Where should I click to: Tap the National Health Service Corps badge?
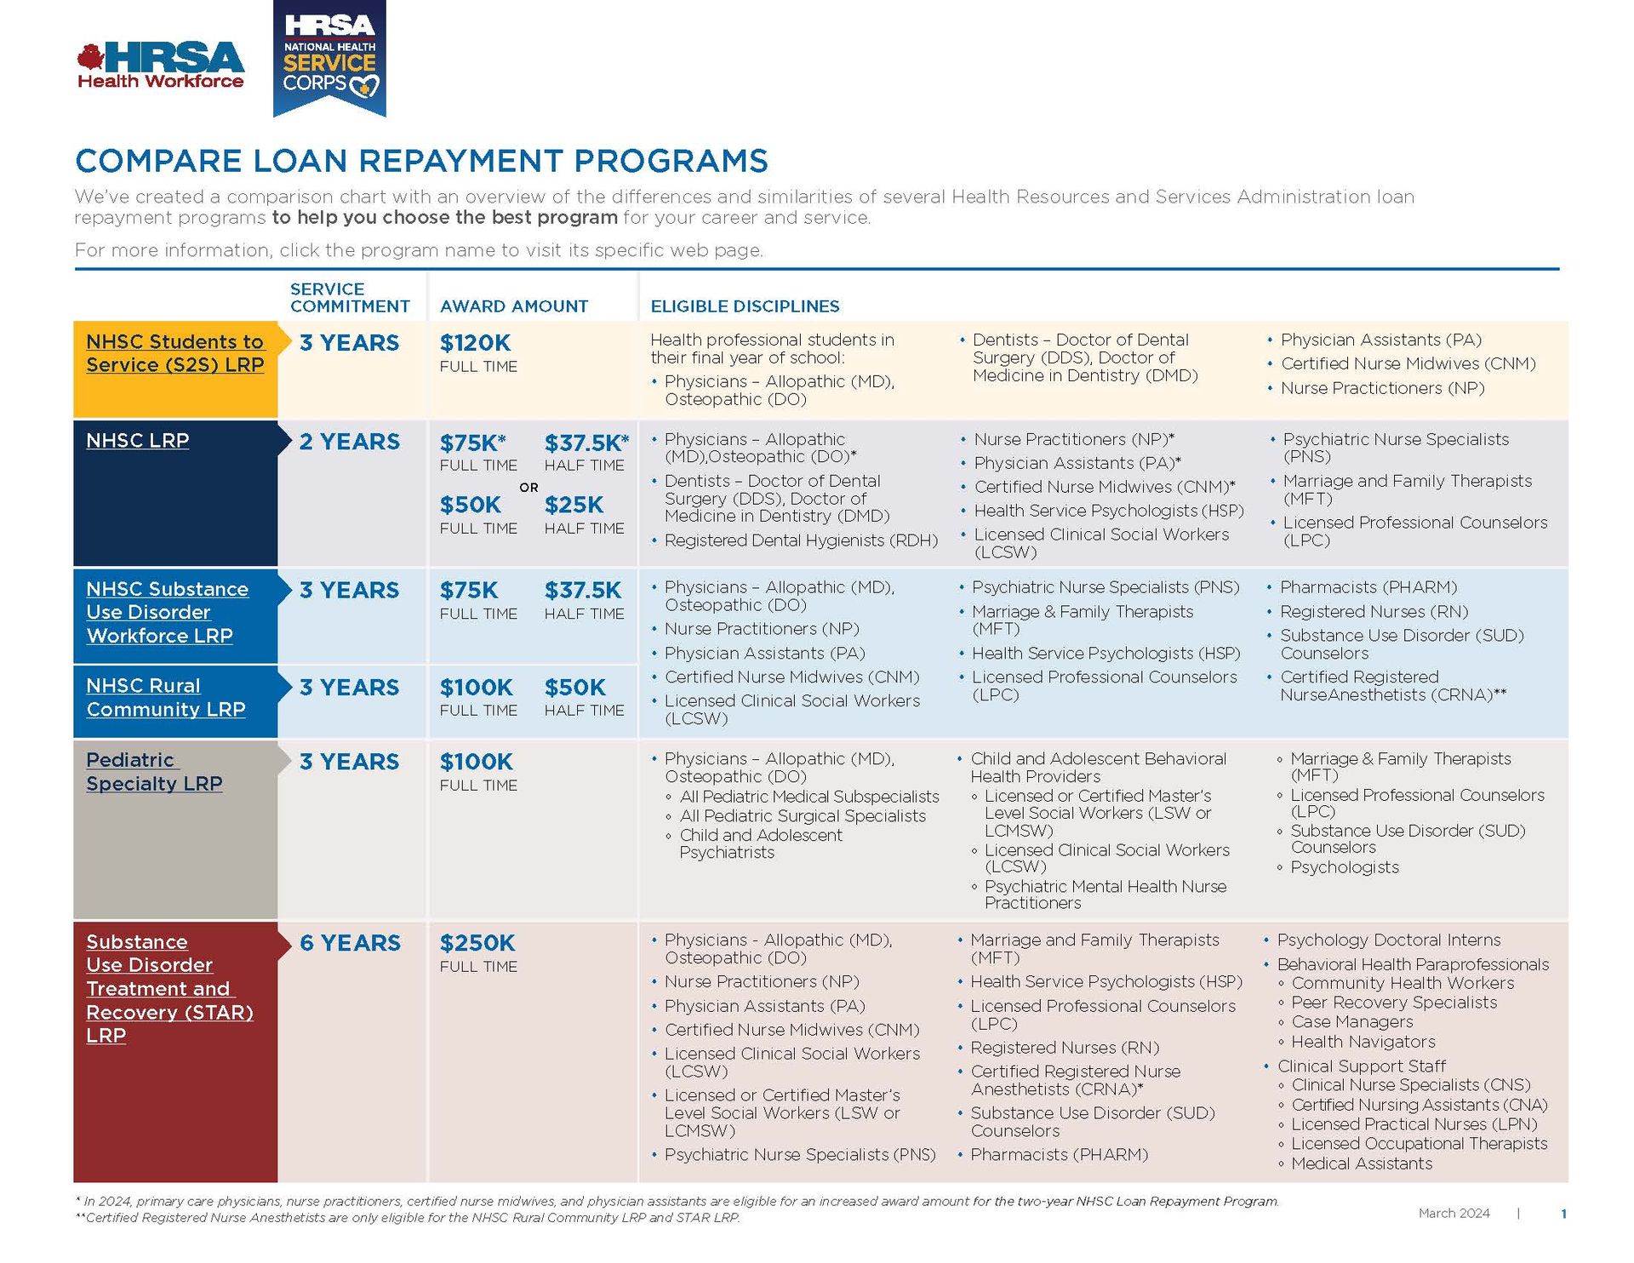pyautogui.click(x=329, y=58)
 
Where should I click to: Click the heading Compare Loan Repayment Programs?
pyautogui.click(x=421, y=161)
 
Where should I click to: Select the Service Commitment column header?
pyautogui.click(x=350, y=298)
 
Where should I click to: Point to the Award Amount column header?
pyautogui.click(x=513, y=306)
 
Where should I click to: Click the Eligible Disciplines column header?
pyautogui.click(x=745, y=306)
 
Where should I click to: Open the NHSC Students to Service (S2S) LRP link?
pyautogui.click(x=175, y=353)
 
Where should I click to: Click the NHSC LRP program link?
pyautogui.click(x=137, y=441)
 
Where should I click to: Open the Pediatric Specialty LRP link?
pyautogui.click(x=154, y=772)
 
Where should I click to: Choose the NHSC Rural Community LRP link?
pyautogui.click(x=166, y=698)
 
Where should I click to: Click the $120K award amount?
pyautogui.click(x=475, y=343)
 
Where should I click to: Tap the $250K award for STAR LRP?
pyautogui.click(x=477, y=943)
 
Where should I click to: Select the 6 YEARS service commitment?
pyautogui.click(x=349, y=943)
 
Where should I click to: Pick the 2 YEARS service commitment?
pyautogui.click(x=349, y=442)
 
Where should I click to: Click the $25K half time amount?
pyautogui.click(x=574, y=505)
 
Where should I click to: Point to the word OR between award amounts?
pyautogui.click(x=528, y=488)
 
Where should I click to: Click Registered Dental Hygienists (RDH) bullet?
pyautogui.click(x=800, y=540)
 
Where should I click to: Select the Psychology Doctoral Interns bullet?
pyautogui.click(x=1388, y=940)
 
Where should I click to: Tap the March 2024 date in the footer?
pyautogui.click(x=1454, y=1213)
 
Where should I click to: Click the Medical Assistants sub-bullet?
pyautogui.click(x=1361, y=1163)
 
